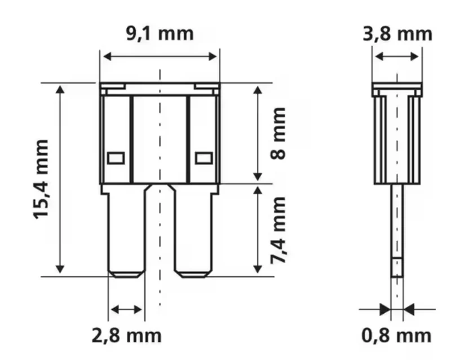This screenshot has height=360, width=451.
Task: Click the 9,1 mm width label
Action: pyautogui.click(x=160, y=34)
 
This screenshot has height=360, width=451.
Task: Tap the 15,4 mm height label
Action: pyautogui.click(x=41, y=179)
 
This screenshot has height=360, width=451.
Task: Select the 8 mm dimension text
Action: pyautogui.click(x=278, y=133)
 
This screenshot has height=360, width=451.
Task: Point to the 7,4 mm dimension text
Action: pyautogui.click(x=278, y=230)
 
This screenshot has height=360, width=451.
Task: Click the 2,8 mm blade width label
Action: pyautogui.click(x=126, y=336)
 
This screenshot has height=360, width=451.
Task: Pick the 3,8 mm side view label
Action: pyautogui.click(x=397, y=34)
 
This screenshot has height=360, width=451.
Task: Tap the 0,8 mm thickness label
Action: pyautogui.click(x=396, y=336)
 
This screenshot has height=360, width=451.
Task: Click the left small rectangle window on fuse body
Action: pyautogui.click(x=116, y=158)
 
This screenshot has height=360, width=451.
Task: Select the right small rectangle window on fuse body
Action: pyautogui.click(x=204, y=158)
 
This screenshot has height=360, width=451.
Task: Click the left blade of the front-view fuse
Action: pyautogui.click(x=126, y=230)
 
